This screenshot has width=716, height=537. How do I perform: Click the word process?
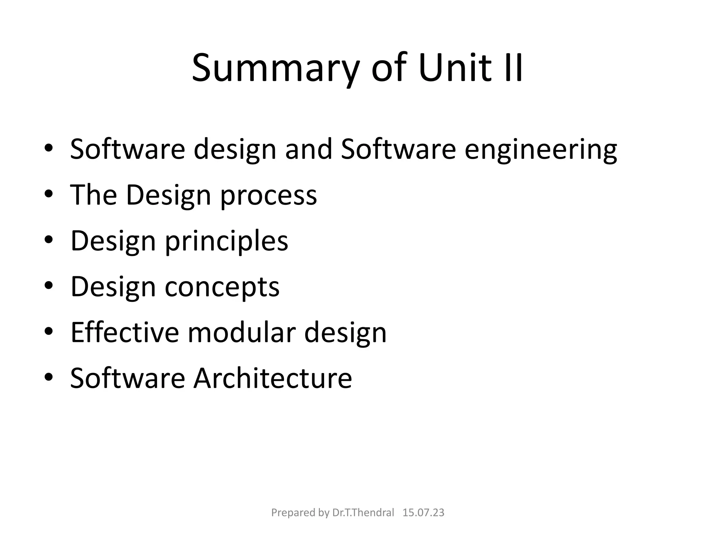pyautogui.click(x=268, y=196)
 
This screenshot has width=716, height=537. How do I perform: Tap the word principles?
pyautogui.click(x=227, y=241)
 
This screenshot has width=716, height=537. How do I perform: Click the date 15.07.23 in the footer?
pyautogui.click(x=423, y=513)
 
